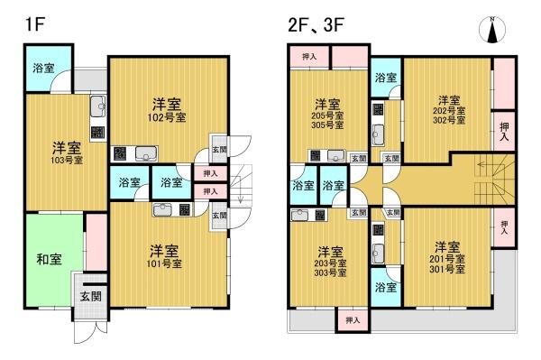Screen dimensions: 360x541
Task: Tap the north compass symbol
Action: (491, 30)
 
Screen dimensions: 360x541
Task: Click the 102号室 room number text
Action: (167, 117)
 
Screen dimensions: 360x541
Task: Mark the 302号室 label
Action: (448, 121)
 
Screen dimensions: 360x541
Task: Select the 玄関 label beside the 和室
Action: (89, 297)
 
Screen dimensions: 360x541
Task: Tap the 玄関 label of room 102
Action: (219, 150)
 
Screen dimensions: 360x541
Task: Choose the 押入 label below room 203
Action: (352, 319)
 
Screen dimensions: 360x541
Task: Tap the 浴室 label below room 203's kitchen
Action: (385, 287)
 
